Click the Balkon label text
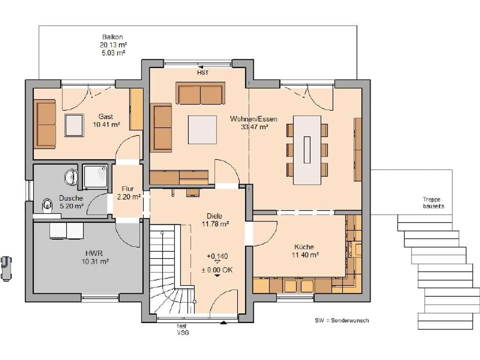tap(112, 37)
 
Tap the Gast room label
tap(105, 117)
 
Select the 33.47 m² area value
tap(255, 127)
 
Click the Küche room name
tap(304, 247)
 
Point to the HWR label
tap(94, 254)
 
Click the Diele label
tap(214, 216)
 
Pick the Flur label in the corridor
tap(127, 189)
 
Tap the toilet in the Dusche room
tap(47, 204)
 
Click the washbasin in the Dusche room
tap(71, 177)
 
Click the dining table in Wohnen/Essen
tap(307, 150)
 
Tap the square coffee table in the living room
tap(202, 129)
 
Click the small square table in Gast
tap(74, 125)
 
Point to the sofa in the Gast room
tap(45, 124)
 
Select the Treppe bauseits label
tap(433, 203)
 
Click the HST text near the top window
tap(202, 73)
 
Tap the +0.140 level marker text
tap(217, 256)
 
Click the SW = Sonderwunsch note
tap(342, 321)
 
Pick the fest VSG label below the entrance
tap(182, 330)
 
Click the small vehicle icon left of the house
tap(6, 269)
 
